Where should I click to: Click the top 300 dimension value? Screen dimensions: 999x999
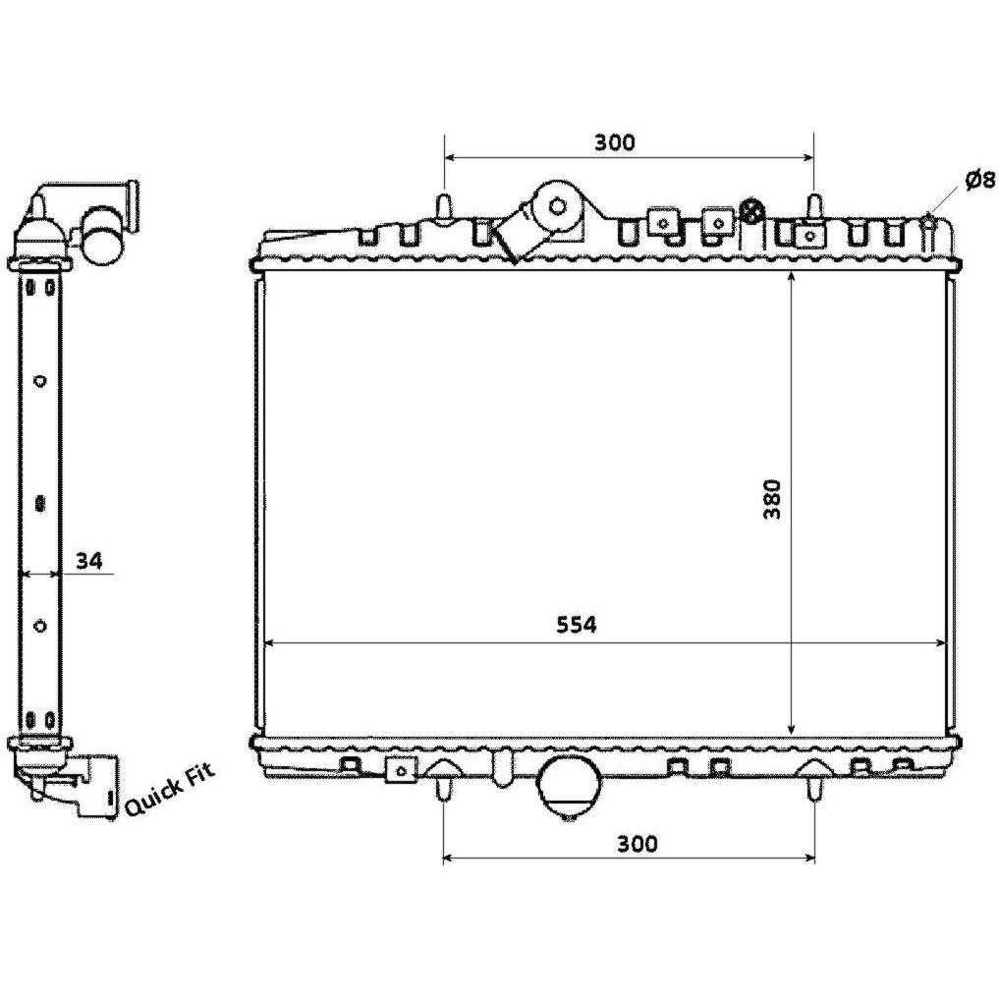615,142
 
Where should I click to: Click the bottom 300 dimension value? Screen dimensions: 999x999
637,844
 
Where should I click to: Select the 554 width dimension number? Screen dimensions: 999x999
577,625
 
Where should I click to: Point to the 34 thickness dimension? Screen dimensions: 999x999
89,561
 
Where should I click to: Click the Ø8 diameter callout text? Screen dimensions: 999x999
980,181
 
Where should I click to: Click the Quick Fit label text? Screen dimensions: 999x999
170,790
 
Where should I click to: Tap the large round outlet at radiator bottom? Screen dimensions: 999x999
570,790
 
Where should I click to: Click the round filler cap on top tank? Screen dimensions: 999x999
558,206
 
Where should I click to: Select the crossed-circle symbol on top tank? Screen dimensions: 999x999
752,212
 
